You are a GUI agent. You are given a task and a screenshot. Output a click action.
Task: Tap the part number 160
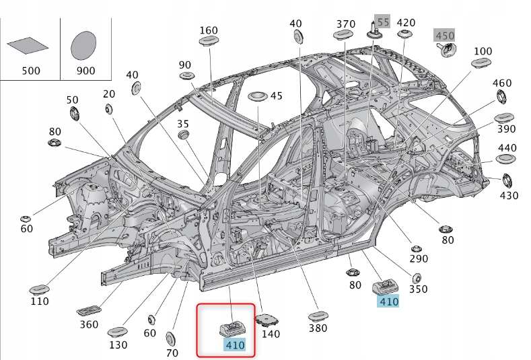[x=209, y=30]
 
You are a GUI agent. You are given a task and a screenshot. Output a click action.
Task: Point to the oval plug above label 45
[x=258, y=96]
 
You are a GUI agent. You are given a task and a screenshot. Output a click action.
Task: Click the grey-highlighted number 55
[x=382, y=22]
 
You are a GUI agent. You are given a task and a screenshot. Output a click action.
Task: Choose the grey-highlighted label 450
[x=444, y=35]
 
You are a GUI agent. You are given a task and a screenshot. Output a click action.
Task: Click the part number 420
[x=406, y=22]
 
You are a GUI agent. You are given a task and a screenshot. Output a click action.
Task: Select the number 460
[x=501, y=83]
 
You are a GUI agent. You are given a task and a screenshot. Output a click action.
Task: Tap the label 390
[x=506, y=129]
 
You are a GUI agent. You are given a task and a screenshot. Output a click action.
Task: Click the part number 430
[x=509, y=195]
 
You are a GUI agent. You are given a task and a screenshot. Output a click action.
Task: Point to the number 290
[x=419, y=258]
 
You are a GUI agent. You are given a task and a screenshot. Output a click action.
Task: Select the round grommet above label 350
[x=417, y=277]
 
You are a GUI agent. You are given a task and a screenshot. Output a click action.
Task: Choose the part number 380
[x=318, y=328]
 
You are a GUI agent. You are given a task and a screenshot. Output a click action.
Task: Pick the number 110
[x=40, y=301]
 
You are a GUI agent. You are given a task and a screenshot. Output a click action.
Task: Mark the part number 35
[x=183, y=124]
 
